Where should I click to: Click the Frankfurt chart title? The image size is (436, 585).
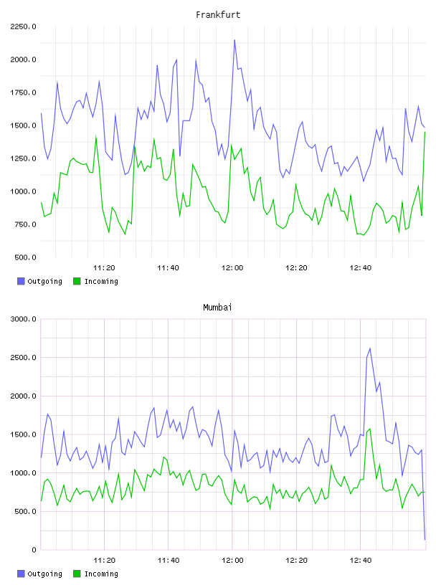coord(218,15)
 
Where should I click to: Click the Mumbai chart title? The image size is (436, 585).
coord(217,308)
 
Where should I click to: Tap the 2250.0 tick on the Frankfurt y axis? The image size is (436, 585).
coord(23,27)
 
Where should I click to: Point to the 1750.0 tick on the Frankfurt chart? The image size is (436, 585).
coord(23,92)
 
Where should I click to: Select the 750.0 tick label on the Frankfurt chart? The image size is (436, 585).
coord(25,224)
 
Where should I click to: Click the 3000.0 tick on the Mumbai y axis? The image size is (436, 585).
coord(23,319)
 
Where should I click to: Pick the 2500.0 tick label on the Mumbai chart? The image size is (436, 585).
coord(23,358)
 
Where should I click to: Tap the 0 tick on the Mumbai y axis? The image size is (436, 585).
coord(34,550)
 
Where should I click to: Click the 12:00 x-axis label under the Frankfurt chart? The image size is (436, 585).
coord(232,267)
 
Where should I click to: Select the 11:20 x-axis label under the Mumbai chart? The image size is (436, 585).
coord(104,560)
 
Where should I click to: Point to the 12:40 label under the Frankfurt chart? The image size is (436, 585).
coord(360,267)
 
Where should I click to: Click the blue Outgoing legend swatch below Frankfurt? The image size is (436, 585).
coord(21,281)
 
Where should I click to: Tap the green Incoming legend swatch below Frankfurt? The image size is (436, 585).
coord(77,281)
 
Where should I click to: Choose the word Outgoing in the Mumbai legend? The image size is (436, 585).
coord(44,574)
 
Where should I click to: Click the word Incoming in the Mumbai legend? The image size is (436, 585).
coord(101,574)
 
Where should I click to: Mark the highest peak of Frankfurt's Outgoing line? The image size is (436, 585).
coord(234,39)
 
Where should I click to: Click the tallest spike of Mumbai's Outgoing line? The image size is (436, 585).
coord(370,348)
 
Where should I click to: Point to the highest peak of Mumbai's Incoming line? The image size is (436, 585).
coord(370,429)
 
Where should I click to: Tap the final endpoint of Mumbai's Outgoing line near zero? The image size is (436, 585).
coord(425,540)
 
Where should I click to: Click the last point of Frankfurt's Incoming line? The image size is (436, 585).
coord(425,132)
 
